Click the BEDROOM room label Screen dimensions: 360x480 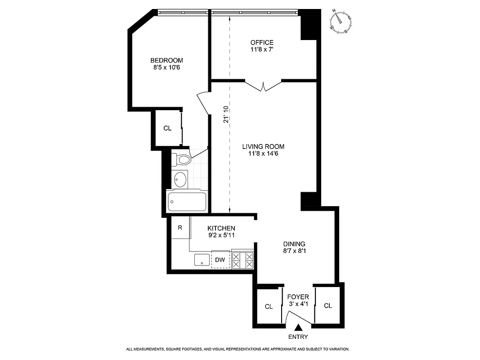166,60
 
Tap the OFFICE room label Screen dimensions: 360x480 262,43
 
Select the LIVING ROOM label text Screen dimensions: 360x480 263,147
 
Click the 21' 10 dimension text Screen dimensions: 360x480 227,114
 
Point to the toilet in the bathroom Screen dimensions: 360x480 183,159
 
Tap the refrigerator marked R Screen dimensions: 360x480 180,228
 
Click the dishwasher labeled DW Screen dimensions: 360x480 220,260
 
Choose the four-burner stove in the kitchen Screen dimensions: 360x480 242,260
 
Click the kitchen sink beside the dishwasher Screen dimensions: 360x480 202,260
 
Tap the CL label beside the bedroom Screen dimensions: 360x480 167,128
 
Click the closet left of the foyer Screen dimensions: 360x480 269,306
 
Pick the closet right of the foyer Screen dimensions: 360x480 328,306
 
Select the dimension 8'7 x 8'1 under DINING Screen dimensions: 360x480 294,252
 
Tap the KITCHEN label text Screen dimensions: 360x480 221,228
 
